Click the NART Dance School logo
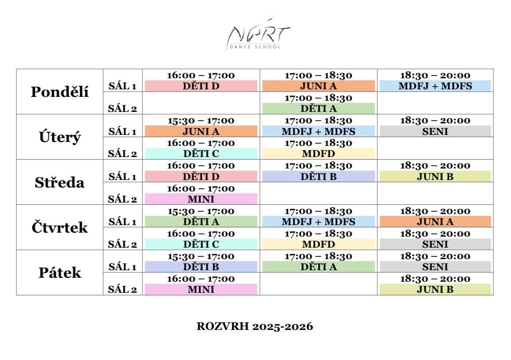(258, 34)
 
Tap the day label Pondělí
(60, 92)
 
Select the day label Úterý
(60, 137)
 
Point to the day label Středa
(60, 183)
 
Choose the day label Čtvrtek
(60, 227)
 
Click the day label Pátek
(60, 272)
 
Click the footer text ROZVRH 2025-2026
(255, 326)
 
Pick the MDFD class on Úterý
(319, 153)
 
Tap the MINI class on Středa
(201, 199)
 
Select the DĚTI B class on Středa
(319, 176)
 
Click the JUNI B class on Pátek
(435, 289)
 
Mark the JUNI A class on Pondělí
(319, 86)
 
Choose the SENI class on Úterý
(435, 131)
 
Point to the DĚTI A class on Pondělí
(319, 108)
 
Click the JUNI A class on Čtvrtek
(435, 222)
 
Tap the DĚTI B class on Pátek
(201, 267)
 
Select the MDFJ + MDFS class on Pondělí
(435, 86)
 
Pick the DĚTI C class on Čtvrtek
(201, 244)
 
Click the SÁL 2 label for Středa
(123, 199)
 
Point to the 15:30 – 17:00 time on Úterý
(201, 121)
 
